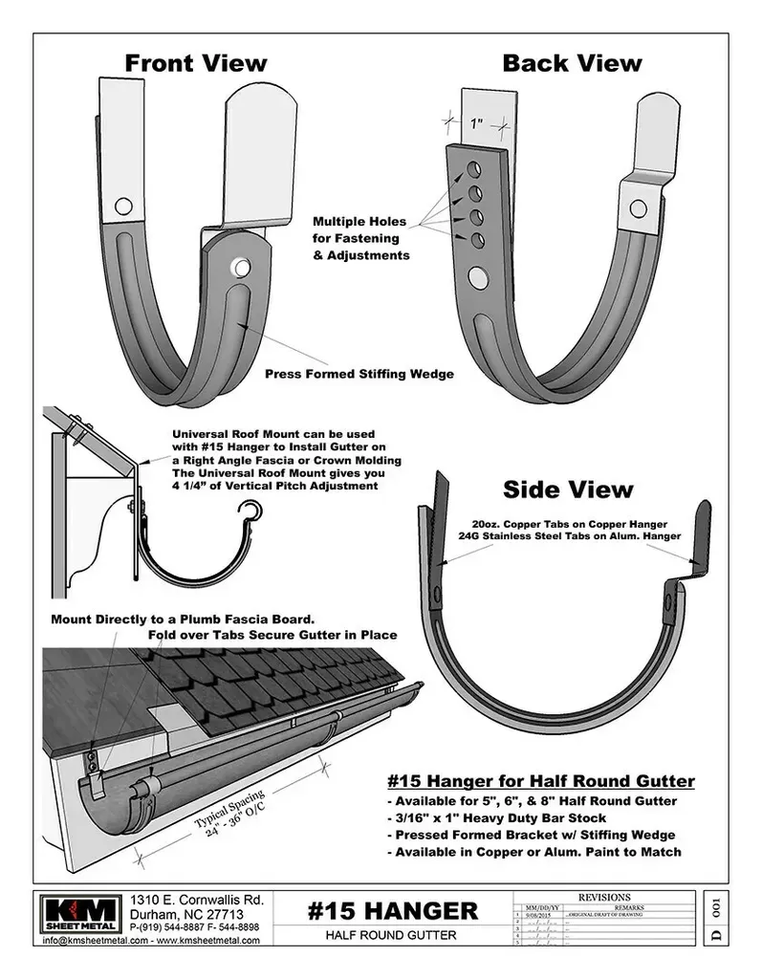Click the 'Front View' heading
click(x=196, y=63)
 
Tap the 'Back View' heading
click(x=572, y=63)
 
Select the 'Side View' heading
click(x=568, y=489)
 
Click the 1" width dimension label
click(x=476, y=123)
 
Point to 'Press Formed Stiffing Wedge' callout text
click(x=359, y=375)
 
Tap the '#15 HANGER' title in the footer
click(x=393, y=910)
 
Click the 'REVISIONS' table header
click(x=604, y=898)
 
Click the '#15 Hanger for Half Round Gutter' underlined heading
click(x=541, y=781)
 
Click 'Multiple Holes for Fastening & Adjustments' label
click(x=360, y=238)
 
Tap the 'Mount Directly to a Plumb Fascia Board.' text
click(x=182, y=618)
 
